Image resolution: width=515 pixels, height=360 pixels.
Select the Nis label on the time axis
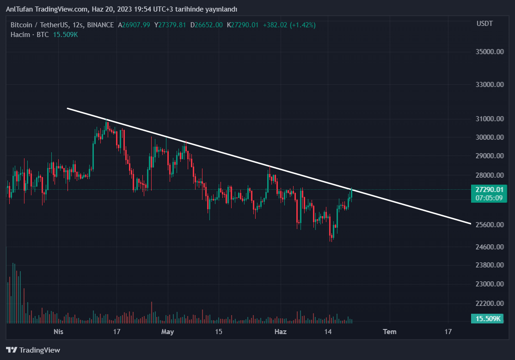(58, 332)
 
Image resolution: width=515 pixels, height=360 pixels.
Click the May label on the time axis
(167, 332)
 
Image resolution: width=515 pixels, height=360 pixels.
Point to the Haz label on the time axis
(281, 332)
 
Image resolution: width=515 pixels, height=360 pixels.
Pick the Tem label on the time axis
(390, 332)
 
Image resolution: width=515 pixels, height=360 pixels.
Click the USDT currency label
(484, 24)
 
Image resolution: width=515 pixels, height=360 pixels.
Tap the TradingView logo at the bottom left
(33, 350)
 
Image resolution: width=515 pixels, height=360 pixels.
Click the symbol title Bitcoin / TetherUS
(39, 25)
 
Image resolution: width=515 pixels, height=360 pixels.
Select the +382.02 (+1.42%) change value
(289, 25)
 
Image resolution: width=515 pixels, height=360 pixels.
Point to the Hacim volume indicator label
(20, 35)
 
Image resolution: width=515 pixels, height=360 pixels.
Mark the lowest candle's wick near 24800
(331, 240)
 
